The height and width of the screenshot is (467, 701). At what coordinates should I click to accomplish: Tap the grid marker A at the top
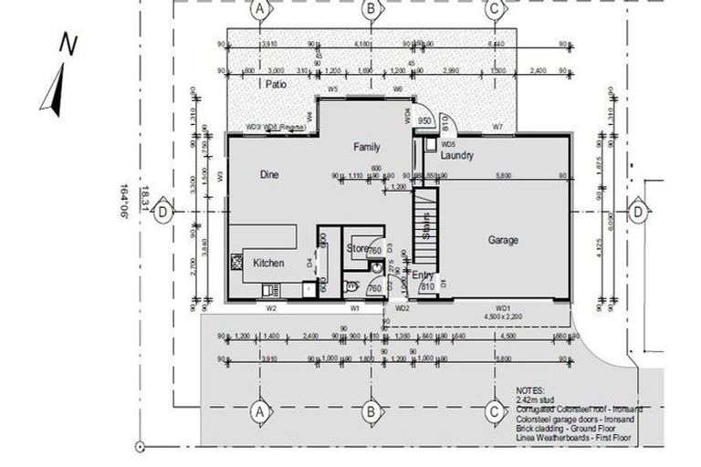point(261,9)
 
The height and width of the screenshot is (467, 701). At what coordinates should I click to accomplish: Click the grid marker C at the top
point(494,9)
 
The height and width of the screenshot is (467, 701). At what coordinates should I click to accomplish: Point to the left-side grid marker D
point(162,211)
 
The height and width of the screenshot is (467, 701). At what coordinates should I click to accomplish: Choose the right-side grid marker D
point(637,211)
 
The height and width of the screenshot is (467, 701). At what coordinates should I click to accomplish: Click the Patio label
point(276,84)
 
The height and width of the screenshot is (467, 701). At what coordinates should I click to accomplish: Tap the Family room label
point(367,146)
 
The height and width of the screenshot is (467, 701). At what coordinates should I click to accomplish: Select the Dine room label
point(268,174)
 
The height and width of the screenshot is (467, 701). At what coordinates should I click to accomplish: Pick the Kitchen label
point(268,263)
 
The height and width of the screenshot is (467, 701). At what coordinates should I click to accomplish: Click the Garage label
point(503,240)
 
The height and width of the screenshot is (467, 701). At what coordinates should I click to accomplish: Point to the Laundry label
point(456,156)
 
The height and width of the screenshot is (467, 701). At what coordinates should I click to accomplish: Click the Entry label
point(423,275)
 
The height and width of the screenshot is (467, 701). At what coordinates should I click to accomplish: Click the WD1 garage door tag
point(503,308)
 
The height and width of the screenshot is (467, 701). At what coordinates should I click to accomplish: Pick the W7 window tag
point(497,125)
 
